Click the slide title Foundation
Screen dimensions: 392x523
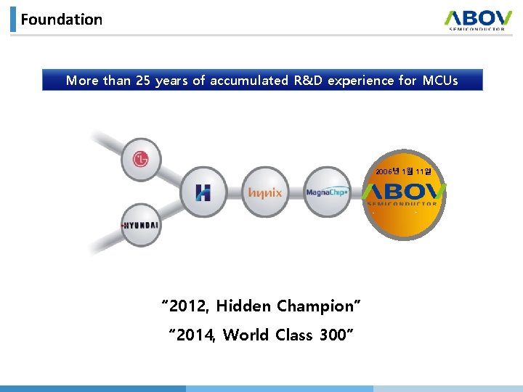pos(62,20)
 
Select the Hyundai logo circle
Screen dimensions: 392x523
pos(140,225)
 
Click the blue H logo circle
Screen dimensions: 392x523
pos(203,192)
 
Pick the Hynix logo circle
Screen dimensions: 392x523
pos(265,192)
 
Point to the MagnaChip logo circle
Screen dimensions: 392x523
pos(326,192)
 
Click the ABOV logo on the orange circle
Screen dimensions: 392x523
pos(404,195)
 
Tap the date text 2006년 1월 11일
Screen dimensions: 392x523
pos(404,171)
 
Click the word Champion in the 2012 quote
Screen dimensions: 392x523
pos(318,306)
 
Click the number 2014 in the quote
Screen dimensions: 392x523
pos(194,335)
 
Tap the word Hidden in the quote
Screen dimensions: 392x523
pos(243,306)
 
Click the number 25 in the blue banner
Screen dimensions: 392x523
pos(143,81)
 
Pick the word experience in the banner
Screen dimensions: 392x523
pos(365,81)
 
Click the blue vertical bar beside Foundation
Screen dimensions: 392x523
pos(13,20)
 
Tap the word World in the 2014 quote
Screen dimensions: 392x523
pos(246,335)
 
